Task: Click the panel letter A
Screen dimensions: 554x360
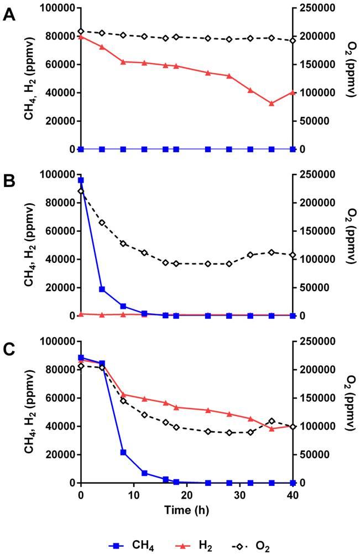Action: pyautogui.click(x=9, y=15)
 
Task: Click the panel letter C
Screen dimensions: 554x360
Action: pyautogui.click(x=9, y=348)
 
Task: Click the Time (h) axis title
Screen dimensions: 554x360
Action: pyautogui.click(x=187, y=509)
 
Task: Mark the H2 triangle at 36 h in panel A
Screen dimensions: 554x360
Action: pyautogui.click(x=272, y=103)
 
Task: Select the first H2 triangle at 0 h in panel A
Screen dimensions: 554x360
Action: pyautogui.click(x=81, y=37)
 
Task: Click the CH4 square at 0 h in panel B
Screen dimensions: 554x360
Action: pyautogui.click(x=81, y=180)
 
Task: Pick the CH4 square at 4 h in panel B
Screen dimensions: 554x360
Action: pyautogui.click(x=102, y=289)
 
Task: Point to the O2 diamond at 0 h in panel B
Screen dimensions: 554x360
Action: pyautogui.click(x=81, y=191)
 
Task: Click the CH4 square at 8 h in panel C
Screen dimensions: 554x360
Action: pyautogui.click(x=123, y=452)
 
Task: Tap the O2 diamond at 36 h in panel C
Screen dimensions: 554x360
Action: pyautogui.click(x=272, y=421)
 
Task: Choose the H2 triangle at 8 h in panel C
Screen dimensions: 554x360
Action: pyautogui.click(x=123, y=395)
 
